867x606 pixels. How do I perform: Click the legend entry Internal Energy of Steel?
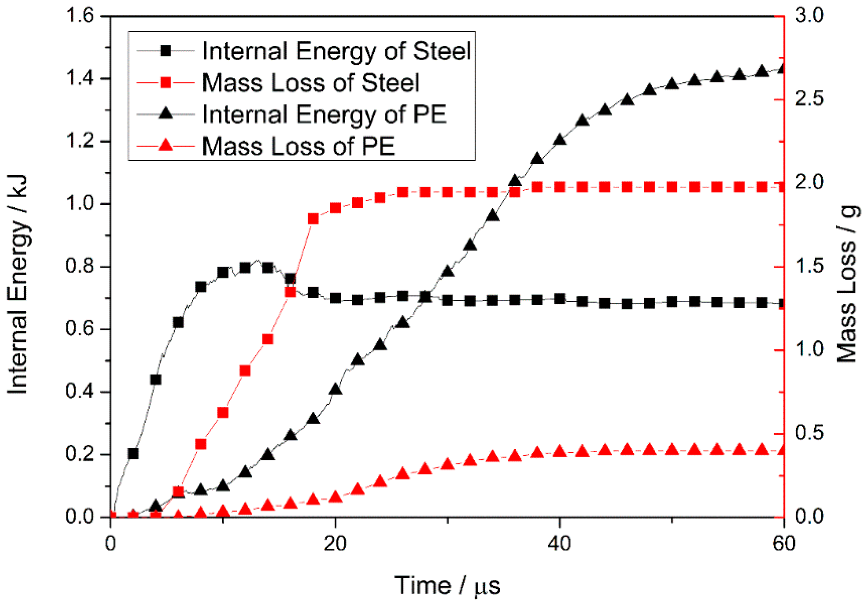click(336, 51)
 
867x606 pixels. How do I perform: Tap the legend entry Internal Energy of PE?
click(324, 114)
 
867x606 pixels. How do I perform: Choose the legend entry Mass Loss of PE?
click(298, 146)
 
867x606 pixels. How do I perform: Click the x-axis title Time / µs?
click(448, 586)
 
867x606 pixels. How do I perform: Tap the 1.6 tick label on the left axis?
click(80, 16)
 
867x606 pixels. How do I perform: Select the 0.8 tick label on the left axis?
click(80, 266)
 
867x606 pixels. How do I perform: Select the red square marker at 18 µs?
click(313, 219)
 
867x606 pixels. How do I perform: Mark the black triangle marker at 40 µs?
click(560, 140)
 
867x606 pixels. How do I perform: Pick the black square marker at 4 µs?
click(156, 379)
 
